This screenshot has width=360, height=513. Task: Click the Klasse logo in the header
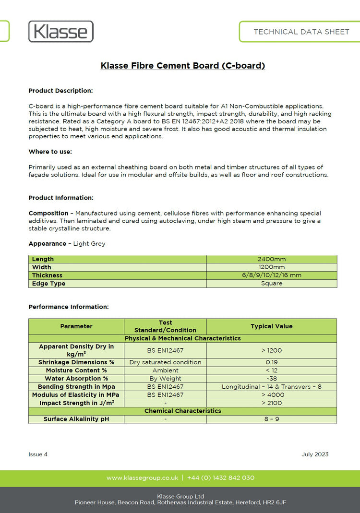click(x=60, y=32)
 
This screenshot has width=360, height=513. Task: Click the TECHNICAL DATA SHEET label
click(x=301, y=32)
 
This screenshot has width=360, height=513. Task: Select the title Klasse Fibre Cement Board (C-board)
click(x=182, y=66)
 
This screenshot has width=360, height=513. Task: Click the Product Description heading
click(x=60, y=91)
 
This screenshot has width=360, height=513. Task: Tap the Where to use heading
click(x=50, y=152)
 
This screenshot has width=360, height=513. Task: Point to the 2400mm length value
click(x=271, y=259)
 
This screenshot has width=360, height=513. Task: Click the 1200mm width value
click(x=271, y=267)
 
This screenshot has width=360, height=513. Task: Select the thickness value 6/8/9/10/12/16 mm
click(x=271, y=275)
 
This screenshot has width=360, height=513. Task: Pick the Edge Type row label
click(x=48, y=284)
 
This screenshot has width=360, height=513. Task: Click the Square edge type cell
click(x=271, y=284)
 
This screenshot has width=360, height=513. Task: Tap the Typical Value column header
click(x=271, y=326)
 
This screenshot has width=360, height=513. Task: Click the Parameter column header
click(x=76, y=326)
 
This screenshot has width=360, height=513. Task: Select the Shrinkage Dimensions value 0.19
click(x=271, y=362)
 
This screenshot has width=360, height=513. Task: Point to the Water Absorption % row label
click(x=76, y=379)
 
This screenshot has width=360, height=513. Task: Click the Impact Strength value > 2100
click(x=271, y=403)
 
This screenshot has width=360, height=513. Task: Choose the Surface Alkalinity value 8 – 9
click(x=271, y=419)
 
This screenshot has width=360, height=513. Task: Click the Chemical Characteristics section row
click(x=182, y=411)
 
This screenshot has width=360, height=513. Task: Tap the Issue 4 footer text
click(x=38, y=454)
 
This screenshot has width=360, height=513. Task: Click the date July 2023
click(x=315, y=454)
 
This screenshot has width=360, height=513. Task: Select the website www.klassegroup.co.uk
click(x=142, y=478)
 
